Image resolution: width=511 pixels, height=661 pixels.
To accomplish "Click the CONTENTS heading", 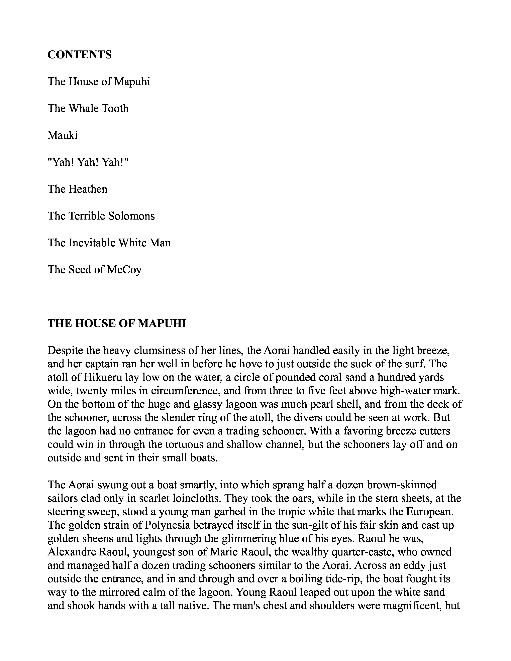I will point(79,55).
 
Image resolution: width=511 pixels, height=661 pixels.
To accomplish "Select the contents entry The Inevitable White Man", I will point(109,243).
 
